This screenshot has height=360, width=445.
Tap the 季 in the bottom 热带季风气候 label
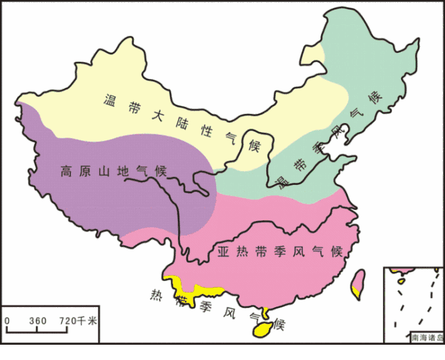coord(207,306)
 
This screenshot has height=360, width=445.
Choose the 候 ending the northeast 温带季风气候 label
coord(376,97)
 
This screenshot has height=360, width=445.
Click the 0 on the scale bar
coord(7,321)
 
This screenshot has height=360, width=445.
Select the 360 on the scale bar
coord(38,321)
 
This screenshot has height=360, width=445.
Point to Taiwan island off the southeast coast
coord(359,282)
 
